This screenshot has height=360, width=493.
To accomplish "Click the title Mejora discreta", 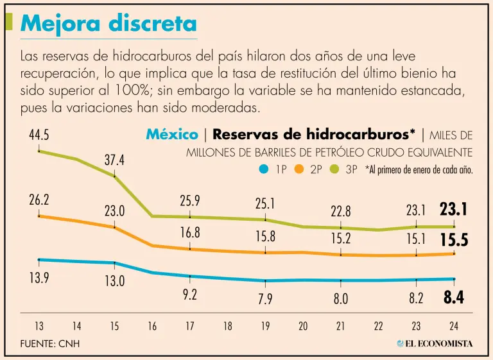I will [x=108, y=24].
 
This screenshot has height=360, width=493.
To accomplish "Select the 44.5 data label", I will [x=39, y=136].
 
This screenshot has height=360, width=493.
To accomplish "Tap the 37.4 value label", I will [x=115, y=160].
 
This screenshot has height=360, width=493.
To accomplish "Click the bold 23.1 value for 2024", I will [x=453, y=210].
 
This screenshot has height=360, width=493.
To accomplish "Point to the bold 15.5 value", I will [x=453, y=241].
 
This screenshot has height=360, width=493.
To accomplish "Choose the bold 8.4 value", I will [x=453, y=297].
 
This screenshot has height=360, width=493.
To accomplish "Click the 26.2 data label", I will [x=39, y=200].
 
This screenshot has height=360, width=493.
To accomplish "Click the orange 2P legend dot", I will [x=298, y=170].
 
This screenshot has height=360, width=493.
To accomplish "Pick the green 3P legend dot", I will [x=333, y=170].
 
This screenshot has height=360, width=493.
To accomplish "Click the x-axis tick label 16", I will [x=152, y=326].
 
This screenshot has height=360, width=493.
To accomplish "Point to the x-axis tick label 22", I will [x=378, y=326].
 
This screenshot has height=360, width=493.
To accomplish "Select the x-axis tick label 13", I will [x=39, y=326].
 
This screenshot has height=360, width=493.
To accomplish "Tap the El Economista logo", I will [x=435, y=343].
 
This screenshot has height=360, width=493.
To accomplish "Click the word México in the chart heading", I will [x=172, y=135].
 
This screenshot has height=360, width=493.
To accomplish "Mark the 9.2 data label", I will [x=189, y=295].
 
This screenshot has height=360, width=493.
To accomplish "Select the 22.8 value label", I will [x=340, y=210].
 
